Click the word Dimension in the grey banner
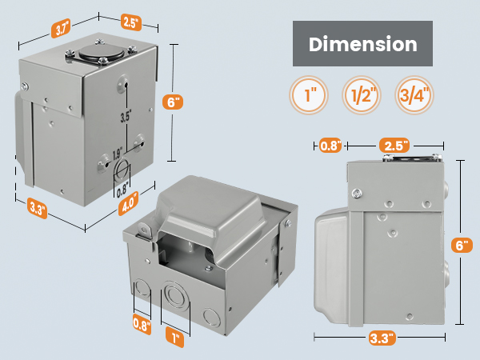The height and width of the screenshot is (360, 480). [363, 44]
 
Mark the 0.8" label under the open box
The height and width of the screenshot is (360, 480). [141, 326]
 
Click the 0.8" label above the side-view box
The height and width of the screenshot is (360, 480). [330, 146]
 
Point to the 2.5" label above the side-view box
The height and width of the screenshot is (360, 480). [396, 146]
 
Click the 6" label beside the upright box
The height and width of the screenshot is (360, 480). [174, 102]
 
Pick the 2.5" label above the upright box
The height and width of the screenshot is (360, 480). [130, 19]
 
